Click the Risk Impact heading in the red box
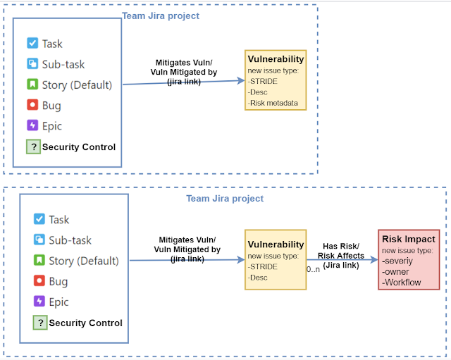tap(409, 240)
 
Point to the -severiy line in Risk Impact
tap(399, 261)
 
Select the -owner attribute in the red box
tap(397, 272)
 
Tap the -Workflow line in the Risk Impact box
tap(402, 283)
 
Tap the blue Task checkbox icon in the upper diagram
tap(32, 44)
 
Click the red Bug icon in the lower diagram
tap(39, 282)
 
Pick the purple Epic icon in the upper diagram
tap(32, 126)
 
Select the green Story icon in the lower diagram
tap(39, 261)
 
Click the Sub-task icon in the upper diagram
tap(32, 64)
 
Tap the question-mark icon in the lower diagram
tap(39, 323)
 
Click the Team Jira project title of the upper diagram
tap(161, 15)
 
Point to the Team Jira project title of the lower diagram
tap(225, 199)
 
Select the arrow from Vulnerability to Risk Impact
tap(342, 259)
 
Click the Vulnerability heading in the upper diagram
tap(276, 59)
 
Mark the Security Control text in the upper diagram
tap(79, 147)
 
